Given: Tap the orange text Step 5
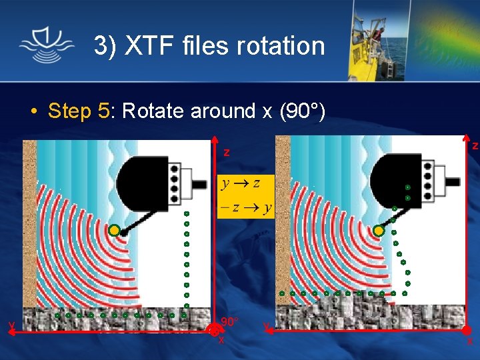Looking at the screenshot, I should [78, 111].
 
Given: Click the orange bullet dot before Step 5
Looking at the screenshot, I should [33, 111].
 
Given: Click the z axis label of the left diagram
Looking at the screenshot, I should [227, 153].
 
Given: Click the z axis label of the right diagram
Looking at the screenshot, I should [475, 145].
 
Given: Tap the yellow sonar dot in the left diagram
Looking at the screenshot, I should [114, 231].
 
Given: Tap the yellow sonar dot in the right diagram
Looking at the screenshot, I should [379, 231].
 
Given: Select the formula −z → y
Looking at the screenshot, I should [246, 207].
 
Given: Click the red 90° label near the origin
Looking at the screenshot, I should [229, 322].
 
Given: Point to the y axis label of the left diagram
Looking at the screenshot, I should [11, 325].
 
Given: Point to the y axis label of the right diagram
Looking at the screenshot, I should [266, 326].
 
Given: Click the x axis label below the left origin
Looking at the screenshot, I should [221, 340].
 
